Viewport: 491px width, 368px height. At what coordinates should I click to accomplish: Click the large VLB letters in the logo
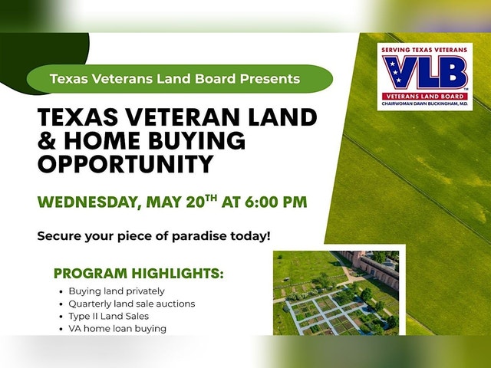point(425,73)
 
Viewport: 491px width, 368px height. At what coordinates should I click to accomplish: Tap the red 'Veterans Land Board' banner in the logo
point(424,96)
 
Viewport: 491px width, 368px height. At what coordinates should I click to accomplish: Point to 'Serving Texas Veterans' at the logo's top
point(424,50)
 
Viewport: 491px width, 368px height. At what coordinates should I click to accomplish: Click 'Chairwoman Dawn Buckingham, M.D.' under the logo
point(424,103)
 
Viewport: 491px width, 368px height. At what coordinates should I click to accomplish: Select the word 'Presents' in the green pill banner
point(270,78)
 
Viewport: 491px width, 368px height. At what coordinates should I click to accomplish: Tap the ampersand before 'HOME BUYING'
point(47,140)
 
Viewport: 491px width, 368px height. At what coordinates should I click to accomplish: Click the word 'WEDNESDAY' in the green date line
point(87,202)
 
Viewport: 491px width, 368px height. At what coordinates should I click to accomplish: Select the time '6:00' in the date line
point(261,202)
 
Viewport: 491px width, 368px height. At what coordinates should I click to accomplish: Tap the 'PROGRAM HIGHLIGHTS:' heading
point(139,273)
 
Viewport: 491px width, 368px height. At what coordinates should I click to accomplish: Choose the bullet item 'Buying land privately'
point(117,291)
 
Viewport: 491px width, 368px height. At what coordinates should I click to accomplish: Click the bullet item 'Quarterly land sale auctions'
point(132,304)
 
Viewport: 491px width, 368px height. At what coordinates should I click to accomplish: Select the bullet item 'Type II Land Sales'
point(109,316)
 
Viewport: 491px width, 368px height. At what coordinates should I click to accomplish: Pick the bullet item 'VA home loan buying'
point(117,329)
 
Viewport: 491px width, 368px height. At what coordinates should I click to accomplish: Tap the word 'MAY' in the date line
point(163,202)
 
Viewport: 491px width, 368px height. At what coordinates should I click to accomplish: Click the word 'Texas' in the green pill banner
point(68,78)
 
